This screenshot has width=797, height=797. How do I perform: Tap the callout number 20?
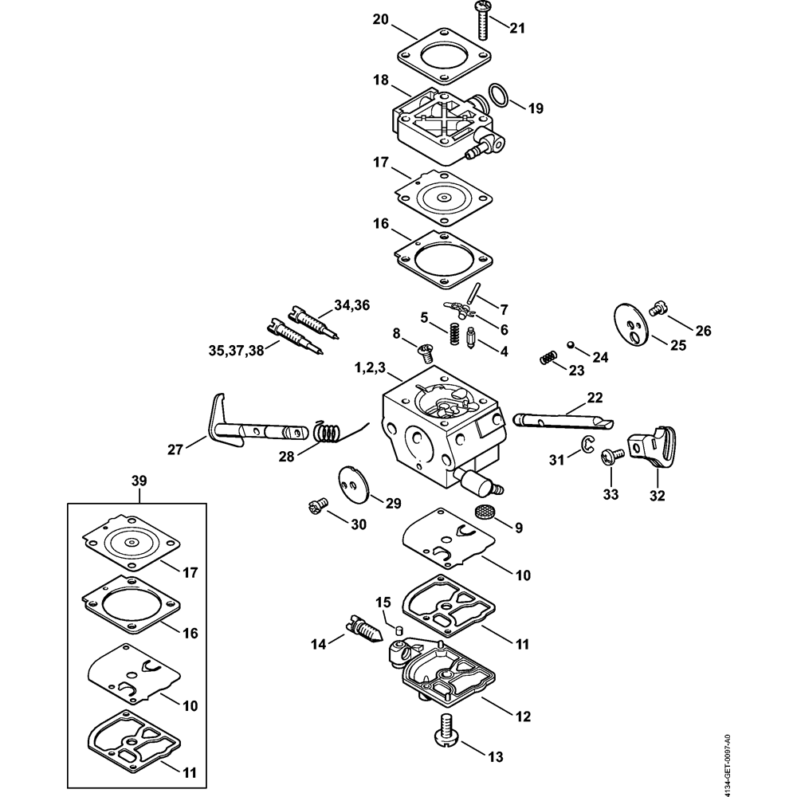click(381, 20)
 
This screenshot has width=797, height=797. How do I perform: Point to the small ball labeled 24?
click(570, 344)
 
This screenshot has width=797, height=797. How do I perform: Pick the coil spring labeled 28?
click(327, 432)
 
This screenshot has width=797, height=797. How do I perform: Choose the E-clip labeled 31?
click(587, 447)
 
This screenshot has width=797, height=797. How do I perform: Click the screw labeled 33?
click(613, 455)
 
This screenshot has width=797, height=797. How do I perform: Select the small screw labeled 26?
click(658, 305)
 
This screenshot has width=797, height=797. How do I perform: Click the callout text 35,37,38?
click(235, 350)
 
